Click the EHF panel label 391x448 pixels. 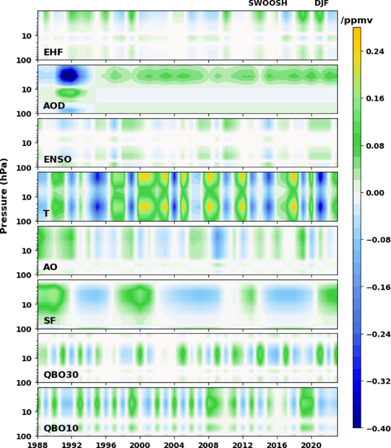(53, 52)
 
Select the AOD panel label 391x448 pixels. (54, 106)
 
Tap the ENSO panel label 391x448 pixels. (58, 159)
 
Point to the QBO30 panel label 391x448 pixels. (61, 374)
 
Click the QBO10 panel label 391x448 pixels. (61, 428)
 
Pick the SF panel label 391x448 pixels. (50, 321)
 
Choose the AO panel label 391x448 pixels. (50, 267)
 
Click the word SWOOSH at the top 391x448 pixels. (268, 3)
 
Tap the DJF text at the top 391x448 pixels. (322, 3)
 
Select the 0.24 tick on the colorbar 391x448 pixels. (375, 51)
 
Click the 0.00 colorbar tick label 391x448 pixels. (375, 193)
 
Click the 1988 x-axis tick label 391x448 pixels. (38, 443)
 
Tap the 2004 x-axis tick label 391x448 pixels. (174, 443)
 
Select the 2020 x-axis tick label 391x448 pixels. (311, 443)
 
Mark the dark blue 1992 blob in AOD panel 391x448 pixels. (69, 75)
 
